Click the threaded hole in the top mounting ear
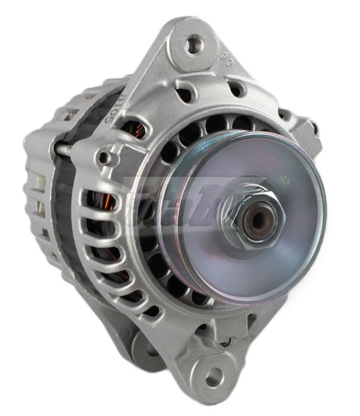click(193, 46)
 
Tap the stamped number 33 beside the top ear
click(225, 60)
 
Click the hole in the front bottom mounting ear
click(214, 377)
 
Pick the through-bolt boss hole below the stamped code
click(104, 157)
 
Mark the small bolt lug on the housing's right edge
click(311, 128)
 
